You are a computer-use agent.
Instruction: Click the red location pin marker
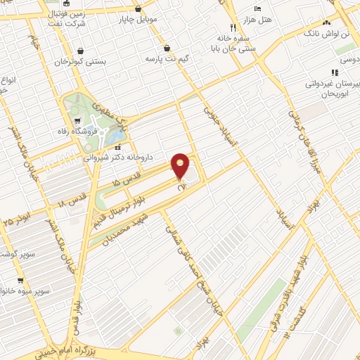click(x=181, y=166)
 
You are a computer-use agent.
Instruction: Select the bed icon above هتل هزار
click(x=257, y=7)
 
